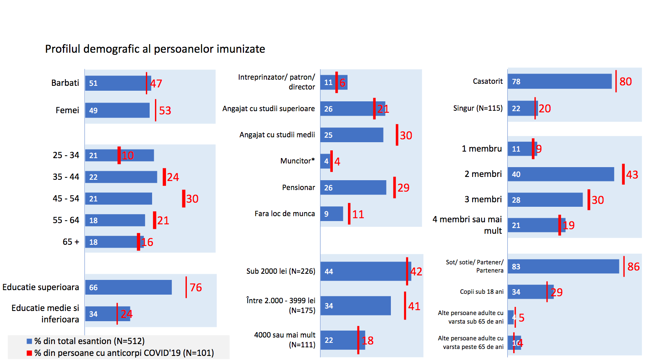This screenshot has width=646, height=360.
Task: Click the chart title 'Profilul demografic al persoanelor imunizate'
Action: coord(155,49)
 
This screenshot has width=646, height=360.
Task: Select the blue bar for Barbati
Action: coord(118,83)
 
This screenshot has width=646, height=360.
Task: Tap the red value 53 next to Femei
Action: coord(165,111)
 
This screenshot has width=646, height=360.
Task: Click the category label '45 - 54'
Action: coord(66,199)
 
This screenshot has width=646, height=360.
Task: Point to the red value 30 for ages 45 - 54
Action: coord(193,199)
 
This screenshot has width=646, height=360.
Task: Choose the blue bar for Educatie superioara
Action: coord(128,287)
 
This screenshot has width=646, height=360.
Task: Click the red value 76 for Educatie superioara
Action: coord(196,288)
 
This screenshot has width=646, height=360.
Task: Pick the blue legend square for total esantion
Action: coord(29,341)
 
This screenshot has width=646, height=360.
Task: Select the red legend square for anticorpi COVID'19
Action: coord(29,353)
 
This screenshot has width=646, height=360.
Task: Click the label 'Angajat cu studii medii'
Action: coord(277,135)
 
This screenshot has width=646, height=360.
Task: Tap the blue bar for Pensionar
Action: coord(353,188)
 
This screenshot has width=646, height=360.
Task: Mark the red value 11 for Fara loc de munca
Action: coord(358,215)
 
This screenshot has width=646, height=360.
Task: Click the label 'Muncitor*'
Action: coord(298,161)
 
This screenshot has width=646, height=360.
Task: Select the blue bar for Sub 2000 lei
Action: coord(366,271)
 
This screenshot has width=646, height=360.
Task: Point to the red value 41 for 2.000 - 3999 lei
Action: coord(414,306)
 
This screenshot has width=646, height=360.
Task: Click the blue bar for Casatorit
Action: coord(560,81)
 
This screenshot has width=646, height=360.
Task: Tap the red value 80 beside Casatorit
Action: coord(626,82)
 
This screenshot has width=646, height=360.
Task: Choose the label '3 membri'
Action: coord(483,199)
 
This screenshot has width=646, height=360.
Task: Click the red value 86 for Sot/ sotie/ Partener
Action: coord(633,267)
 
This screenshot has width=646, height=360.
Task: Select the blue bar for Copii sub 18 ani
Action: coord(530,292)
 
